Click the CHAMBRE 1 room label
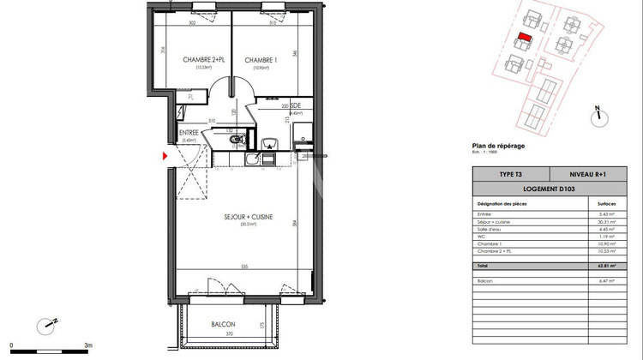pyautogui.click(x=260, y=60)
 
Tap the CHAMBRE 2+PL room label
pyautogui.click(x=204, y=60)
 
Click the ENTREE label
pyautogui.click(x=189, y=133)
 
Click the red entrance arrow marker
pyautogui.click(x=165, y=156)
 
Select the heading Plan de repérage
pyautogui.click(x=498, y=146)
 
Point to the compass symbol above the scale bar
pyautogui.click(x=46, y=325)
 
